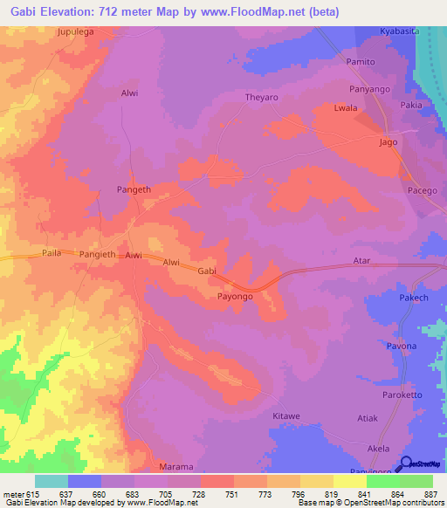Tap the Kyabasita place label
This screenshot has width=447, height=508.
point(399,31)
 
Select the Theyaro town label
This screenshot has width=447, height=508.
point(261,98)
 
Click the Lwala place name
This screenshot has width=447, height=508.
point(347,108)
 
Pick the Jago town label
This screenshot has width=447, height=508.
point(389,142)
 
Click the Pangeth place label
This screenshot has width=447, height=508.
point(134,189)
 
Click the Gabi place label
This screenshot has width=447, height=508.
point(207,272)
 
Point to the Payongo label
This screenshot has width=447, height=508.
point(235,297)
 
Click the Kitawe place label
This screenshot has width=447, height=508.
point(287,415)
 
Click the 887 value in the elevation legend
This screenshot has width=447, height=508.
point(432,494)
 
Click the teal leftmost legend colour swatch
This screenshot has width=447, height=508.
point(52,481)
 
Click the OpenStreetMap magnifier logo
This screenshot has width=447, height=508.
point(405,464)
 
